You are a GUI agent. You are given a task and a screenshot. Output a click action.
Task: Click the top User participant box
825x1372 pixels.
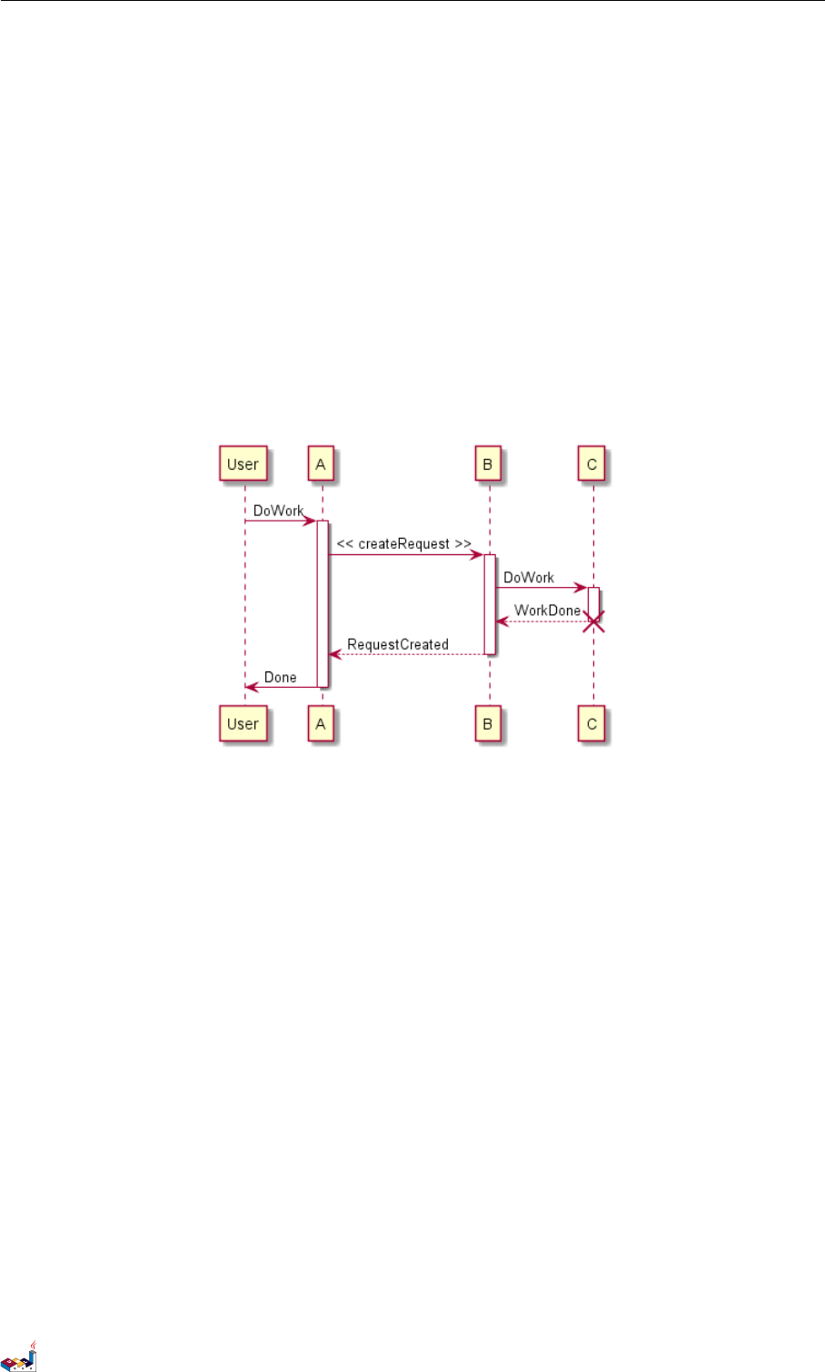(243, 464)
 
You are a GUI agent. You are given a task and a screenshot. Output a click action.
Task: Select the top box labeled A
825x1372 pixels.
(321, 464)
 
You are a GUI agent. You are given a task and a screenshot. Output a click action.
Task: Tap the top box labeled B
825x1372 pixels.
(488, 464)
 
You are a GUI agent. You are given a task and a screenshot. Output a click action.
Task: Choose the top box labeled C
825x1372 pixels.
(591, 464)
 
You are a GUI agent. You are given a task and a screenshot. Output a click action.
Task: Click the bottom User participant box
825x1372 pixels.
(243, 724)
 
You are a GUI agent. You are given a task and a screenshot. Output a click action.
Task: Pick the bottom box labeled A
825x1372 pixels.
(321, 724)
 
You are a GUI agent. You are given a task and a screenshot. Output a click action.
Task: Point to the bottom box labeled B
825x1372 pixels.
(488, 724)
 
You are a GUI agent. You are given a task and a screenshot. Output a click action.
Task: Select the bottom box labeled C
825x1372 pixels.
(591, 724)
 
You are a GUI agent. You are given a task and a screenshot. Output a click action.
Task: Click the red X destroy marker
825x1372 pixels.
(593, 622)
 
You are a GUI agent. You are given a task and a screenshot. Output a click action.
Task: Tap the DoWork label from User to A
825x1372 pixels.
(278, 511)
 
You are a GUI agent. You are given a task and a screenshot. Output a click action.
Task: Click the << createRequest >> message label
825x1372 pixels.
(403, 543)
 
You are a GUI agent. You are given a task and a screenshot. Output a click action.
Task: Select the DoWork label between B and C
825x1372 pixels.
(529, 577)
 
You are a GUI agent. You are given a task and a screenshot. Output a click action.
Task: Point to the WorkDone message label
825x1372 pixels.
(547, 611)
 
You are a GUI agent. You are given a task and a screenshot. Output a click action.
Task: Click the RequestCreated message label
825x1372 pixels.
(398, 644)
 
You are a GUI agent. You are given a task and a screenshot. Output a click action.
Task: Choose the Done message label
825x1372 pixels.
(280, 677)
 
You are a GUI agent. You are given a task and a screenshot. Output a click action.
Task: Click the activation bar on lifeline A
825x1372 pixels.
(322, 603)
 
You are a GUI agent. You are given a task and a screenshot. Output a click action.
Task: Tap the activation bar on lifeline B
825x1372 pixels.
(489, 603)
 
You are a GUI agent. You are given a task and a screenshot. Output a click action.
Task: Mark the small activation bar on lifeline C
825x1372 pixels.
(593, 601)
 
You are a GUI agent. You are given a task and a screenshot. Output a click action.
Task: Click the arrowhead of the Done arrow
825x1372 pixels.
(252, 687)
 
